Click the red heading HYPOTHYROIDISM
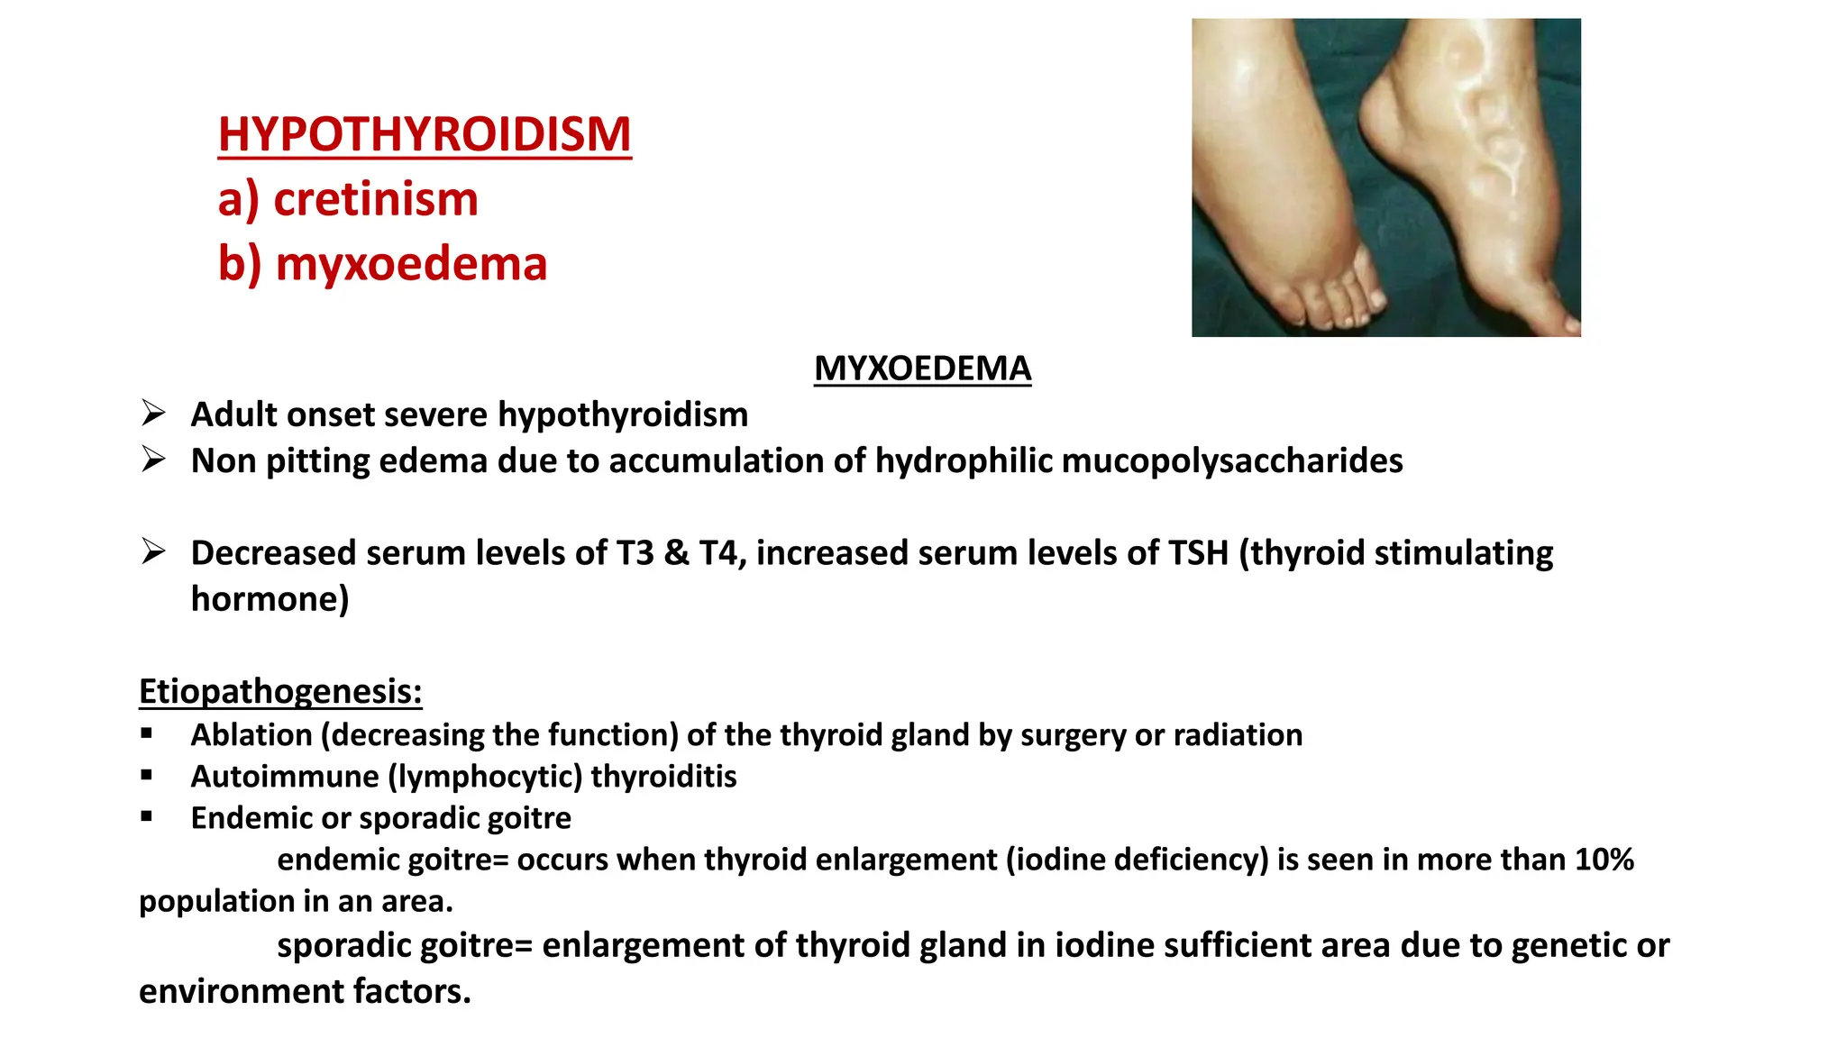coord(425,134)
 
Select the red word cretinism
coord(375,199)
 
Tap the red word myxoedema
coord(411,264)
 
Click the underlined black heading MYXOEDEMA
coord(922,369)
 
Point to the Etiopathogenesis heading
coord(280,691)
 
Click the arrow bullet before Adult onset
coord(153,414)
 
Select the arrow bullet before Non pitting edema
coord(153,460)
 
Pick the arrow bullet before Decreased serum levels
coord(153,551)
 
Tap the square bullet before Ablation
coord(147,734)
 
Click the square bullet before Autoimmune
coord(147,776)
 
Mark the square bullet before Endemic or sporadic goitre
coord(147,817)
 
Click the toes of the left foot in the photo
coord(1334,302)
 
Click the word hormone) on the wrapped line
coord(270,598)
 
